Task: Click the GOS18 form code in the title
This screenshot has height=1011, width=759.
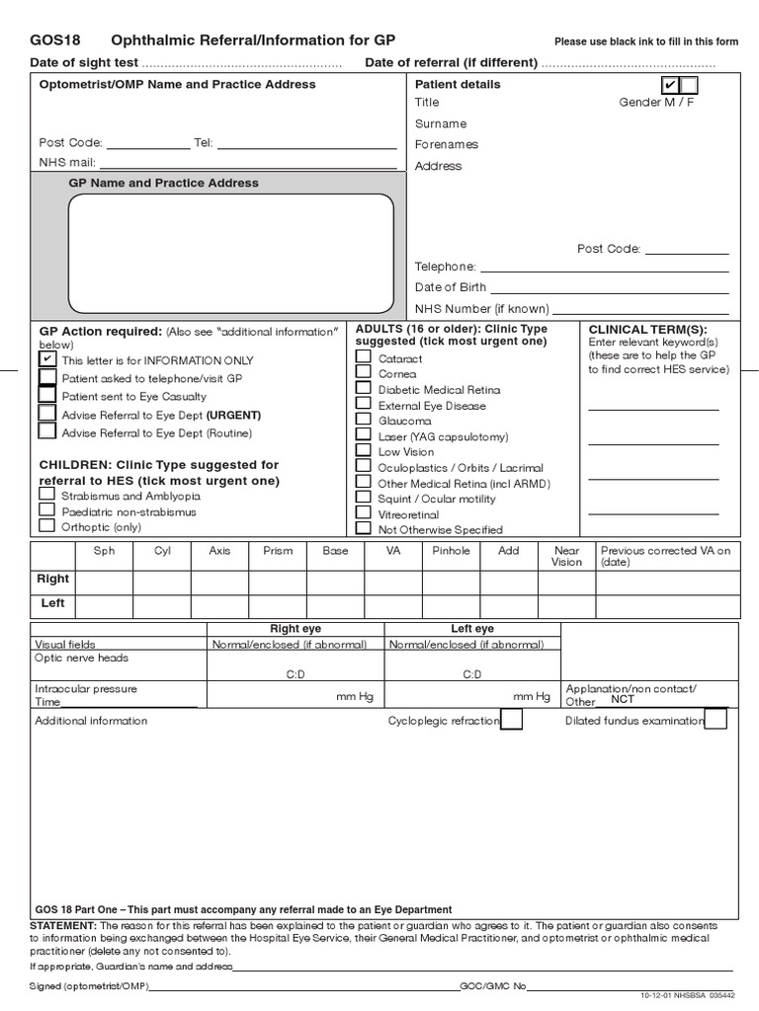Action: click(x=55, y=40)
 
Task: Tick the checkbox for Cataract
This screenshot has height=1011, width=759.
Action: click(x=364, y=358)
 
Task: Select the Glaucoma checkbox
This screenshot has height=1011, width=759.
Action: click(x=364, y=420)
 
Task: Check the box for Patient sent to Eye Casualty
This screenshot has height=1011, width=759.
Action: click(x=47, y=395)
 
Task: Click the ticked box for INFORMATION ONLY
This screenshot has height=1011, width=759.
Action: click(x=47, y=360)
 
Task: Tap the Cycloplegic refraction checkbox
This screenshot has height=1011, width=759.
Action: click(x=512, y=721)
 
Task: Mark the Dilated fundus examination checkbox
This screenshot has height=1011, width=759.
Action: click(x=716, y=721)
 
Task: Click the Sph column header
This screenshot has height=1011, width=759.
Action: click(x=104, y=551)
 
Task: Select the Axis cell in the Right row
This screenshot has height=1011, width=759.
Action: click(x=219, y=580)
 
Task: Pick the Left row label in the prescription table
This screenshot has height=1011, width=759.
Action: click(x=53, y=602)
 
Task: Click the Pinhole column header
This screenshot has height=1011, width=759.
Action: click(x=451, y=551)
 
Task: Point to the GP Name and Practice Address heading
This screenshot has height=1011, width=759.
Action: click(x=163, y=183)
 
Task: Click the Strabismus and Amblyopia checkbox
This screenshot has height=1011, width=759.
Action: click(x=46, y=496)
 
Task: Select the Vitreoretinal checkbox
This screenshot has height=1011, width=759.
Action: click(x=364, y=513)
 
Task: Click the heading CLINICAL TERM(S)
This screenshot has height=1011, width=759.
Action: click(x=647, y=330)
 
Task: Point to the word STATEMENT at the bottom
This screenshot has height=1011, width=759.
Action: click(x=63, y=925)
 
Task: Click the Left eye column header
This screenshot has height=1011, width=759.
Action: click(x=472, y=629)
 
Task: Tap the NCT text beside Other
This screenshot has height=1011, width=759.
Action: click(x=623, y=700)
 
